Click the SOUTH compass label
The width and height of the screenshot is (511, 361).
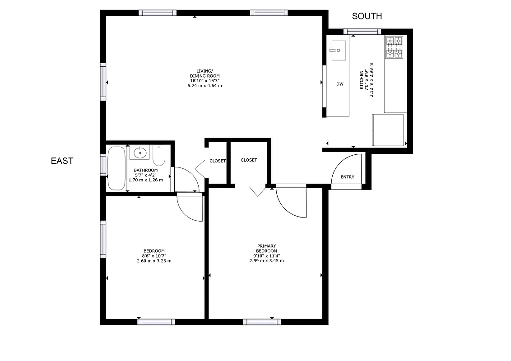click(367, 16)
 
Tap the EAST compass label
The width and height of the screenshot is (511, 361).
click(62, 161)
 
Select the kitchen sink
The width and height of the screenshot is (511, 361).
click(338, 50)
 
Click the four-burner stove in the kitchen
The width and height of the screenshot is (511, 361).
click(394, 47)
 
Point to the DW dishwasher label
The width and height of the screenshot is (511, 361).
click(340, 84)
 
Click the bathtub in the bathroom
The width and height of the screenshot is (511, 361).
click(117, 168)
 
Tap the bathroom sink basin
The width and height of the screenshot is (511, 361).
click(141, 153)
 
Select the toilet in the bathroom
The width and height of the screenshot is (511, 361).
click(159, 155)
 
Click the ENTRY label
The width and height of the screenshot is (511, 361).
click(347, 177)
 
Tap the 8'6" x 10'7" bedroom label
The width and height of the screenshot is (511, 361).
click(154, 256)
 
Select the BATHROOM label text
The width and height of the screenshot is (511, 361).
click(145, 175)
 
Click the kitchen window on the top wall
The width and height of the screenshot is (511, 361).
click(362, 31)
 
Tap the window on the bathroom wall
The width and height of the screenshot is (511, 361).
click(103, 165)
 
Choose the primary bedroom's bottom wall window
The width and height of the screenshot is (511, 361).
click(262, 322)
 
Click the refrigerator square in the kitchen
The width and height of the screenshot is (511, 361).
click(387, 130)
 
